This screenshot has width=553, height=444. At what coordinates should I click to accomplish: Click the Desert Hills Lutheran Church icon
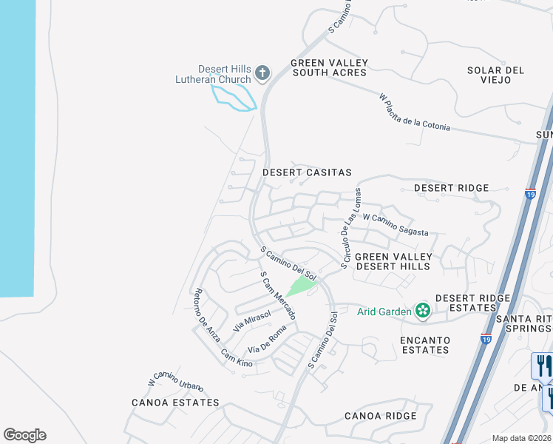click(262, 73)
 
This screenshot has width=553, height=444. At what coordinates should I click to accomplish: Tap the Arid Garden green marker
click(423, 310)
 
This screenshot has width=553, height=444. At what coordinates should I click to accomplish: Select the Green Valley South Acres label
click(329, 67)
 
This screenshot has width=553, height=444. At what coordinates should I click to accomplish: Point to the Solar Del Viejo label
click(495, 75)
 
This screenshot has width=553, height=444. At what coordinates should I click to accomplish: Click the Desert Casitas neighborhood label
click(307, 172)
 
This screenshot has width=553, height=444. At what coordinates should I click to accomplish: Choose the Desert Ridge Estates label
click(472, 303)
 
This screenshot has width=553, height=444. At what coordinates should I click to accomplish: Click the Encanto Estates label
click(424, 345)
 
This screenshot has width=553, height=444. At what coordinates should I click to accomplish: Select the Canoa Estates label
click(175, 403)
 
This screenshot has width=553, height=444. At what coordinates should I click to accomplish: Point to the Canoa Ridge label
click(380, 416)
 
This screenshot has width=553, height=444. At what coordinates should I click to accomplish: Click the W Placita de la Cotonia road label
click(414, 112)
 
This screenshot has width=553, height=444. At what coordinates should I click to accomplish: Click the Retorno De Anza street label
click(207, 314)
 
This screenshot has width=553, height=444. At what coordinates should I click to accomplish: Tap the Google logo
click(24, 435)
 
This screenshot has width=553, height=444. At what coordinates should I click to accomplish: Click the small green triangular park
click(301, 285)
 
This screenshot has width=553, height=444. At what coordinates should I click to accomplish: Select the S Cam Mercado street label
click(278, 295)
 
